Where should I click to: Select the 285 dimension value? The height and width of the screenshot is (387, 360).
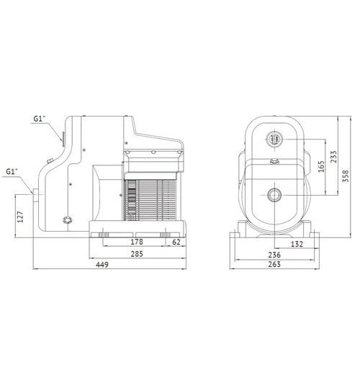point(135,253)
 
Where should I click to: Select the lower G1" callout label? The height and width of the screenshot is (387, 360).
point(12,172)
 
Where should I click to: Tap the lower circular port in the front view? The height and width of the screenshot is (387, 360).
point(274,195)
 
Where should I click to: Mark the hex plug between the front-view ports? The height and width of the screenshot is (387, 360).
point(274,163)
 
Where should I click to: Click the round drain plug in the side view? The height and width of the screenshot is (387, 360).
point(68,219)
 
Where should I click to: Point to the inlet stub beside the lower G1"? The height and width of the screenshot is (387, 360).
point(38,195)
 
